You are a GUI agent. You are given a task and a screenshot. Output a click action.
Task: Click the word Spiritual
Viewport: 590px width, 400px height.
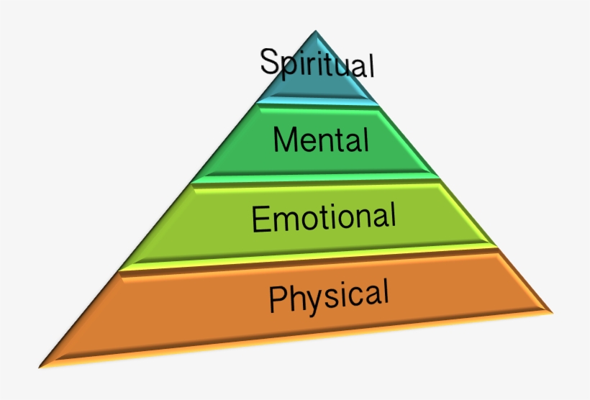tap(317, 62)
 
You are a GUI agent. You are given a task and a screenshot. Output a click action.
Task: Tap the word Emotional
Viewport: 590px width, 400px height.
tap(324, 217)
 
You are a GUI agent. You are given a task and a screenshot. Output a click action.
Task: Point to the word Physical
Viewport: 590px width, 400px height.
tap(329, 296)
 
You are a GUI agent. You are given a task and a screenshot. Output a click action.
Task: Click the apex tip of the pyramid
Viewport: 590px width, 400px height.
tap(315, 31)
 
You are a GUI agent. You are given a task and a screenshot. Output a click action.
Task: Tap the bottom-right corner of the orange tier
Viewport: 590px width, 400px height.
tap(552, 312)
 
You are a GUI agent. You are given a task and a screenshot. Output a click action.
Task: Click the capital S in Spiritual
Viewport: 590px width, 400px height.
tap(269, 60)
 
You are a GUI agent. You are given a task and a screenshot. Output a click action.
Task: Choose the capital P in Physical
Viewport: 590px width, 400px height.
tap(278, 299)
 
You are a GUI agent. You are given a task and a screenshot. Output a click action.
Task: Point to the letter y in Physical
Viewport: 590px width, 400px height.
tap(313, 300)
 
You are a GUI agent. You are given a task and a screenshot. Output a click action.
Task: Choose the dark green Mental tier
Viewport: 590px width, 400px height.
tap(237, 155)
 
